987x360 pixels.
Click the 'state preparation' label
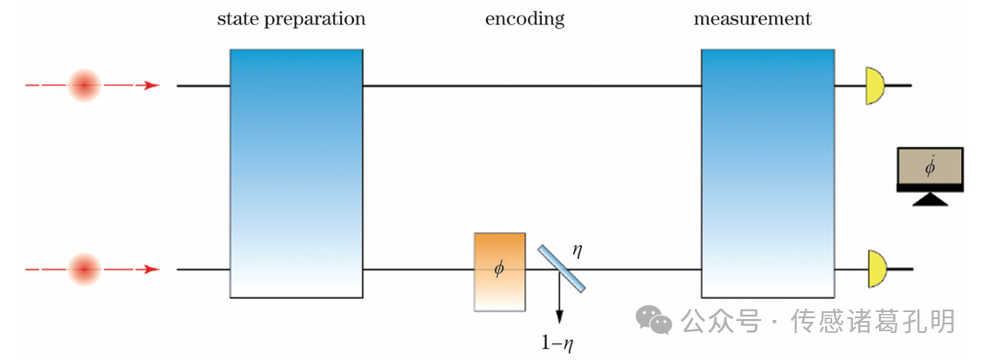coord(290,19)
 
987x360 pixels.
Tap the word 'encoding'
coord(524,19)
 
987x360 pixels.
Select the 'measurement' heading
coord(752,19)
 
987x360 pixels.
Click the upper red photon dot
coord(85,85)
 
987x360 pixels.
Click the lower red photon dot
coord(85,270)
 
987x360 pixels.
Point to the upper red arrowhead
coord(153,85)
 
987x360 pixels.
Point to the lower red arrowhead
coord(153,270)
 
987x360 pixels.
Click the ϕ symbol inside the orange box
coord(498,269)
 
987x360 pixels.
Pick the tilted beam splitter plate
coord(561,268)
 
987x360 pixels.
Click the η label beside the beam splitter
coord(577,250)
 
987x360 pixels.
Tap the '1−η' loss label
coord(557,343)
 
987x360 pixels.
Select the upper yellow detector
coord(874,85)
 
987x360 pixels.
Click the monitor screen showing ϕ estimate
coord(930,169)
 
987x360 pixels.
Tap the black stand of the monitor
coord(930,199)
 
